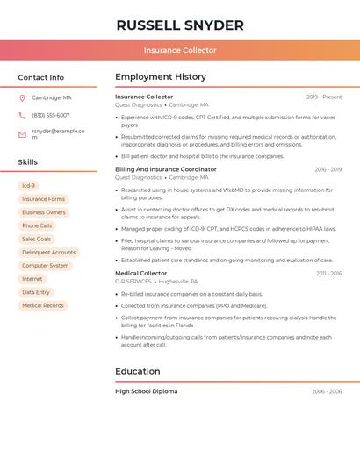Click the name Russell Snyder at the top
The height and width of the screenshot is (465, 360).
click(180, 25)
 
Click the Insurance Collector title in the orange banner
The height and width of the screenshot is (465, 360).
click(180, 50)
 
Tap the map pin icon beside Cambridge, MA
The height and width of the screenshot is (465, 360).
click(22, 97)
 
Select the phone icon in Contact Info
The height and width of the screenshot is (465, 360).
click(22, 115)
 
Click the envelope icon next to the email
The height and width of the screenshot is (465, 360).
click(22, 134)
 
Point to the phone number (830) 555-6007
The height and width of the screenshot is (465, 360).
click(51, 115)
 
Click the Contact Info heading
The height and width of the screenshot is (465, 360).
click(40, 77)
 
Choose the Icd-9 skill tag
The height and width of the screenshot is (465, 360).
click(29, 186)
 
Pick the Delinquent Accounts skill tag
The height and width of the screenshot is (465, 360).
click(49, 252)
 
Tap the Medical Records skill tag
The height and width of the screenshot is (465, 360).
click(43, 305)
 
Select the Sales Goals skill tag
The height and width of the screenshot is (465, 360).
click(37, 239)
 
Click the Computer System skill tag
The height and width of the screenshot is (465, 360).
click(46, 265)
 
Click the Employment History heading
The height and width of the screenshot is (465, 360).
click(161, 76)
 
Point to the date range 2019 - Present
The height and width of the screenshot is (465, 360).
click(324, 97)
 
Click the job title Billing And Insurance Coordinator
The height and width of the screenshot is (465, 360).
click(166, 169)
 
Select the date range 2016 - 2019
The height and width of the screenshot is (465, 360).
click(328, 169)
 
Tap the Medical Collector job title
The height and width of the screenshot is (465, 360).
click(141, 273)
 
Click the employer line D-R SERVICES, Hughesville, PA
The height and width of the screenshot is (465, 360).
click(156, 282)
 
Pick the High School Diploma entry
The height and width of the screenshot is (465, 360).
click(146, 391)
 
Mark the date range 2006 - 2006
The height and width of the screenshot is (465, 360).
click(327, 391)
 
